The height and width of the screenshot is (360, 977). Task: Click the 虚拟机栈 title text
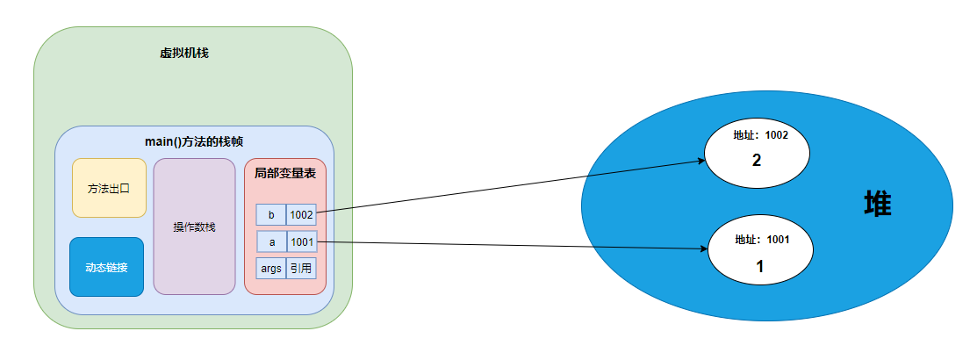point(183,54)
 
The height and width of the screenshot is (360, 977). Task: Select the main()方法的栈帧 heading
point(193,140)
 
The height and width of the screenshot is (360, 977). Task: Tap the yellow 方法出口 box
point(108,188)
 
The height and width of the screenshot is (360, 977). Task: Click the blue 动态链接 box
point(106,267)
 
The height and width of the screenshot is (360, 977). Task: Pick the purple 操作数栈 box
point(194,227)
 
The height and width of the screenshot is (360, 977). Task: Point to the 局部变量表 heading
point(284,174)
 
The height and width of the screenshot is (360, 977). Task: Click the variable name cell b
point(271,215)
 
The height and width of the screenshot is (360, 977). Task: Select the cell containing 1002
point(301,215)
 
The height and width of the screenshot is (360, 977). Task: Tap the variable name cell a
point(271,241)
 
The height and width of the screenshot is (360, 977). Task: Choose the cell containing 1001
point(301,241)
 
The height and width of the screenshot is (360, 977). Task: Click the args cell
point(271,268)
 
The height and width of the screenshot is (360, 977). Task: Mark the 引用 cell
point(301,268)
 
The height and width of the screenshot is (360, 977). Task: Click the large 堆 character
point(877,205)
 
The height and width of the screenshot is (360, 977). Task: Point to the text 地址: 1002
point(761,136)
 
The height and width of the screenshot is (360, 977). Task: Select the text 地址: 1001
point(761,239)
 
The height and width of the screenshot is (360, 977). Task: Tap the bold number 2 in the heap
point(756,161)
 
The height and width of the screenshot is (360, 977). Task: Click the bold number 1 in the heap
point(760,266)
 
